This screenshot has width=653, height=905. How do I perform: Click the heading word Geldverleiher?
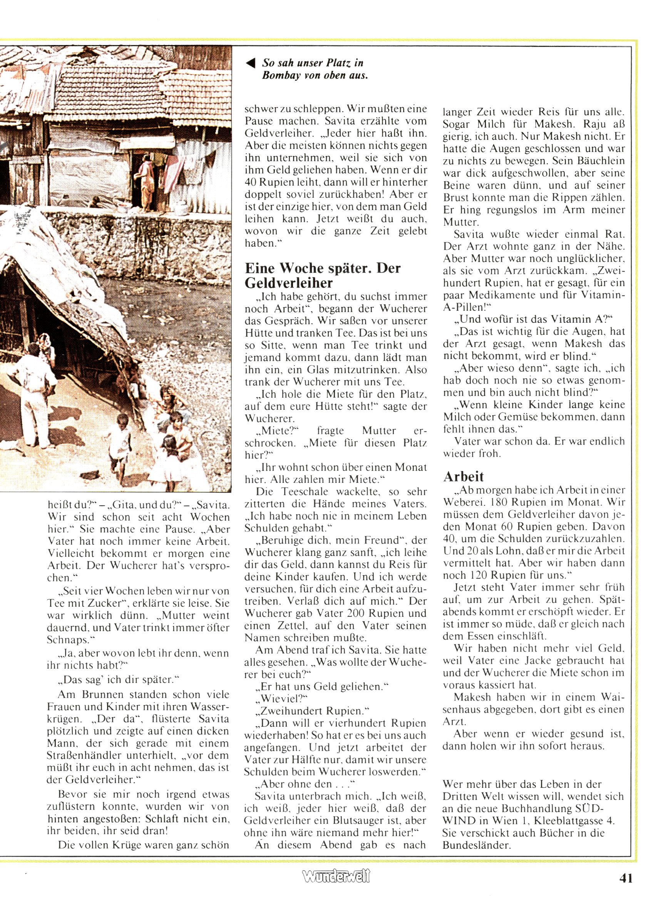coord(289,283)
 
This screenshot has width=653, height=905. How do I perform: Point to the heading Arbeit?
coord(463,476)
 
